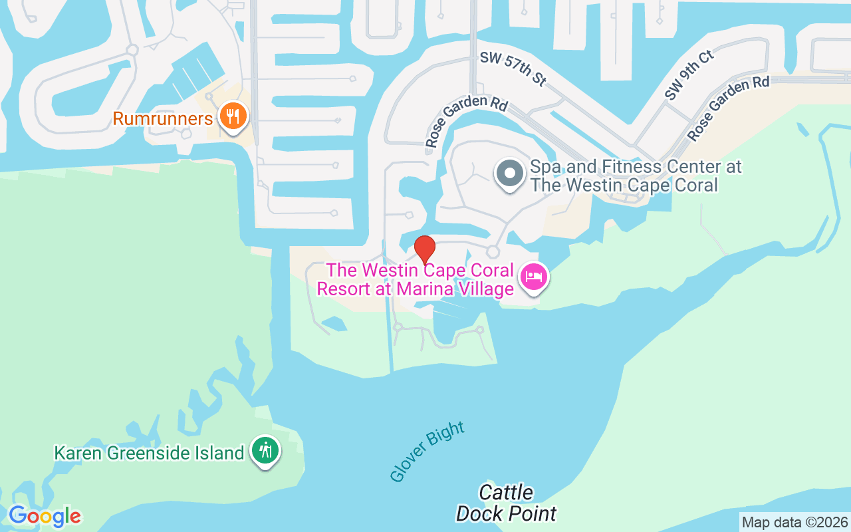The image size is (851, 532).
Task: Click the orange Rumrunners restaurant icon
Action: coord(232,117)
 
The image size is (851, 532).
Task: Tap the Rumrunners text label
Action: coord(162,119)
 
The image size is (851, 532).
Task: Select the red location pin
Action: coord(425,249)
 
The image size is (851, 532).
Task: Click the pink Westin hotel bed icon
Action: coord(534,276)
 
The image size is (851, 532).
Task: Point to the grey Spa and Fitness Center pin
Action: coord(510,174)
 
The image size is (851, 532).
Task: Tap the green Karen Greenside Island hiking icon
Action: coord(266,452)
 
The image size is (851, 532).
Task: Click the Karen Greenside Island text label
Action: coord(149,454)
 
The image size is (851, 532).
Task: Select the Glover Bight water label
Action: coord(427,452)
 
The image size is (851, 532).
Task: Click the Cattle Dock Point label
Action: coord(507,503)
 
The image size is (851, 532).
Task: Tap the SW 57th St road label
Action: coord(513,70)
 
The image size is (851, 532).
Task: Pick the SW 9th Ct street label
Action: coord(689,75)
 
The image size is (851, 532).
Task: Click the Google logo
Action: coord(45,516)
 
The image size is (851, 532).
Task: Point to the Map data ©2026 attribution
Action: coord(794,523)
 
